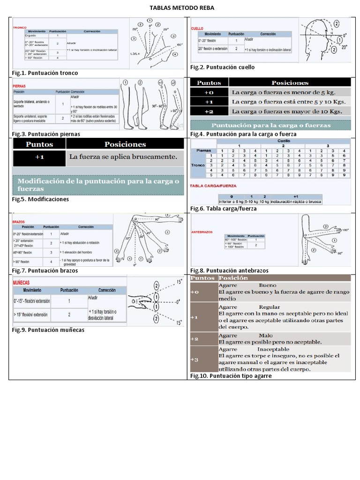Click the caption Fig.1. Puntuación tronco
click(45, 73)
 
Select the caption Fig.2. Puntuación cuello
click(223, 67)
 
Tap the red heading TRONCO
click(19, 27)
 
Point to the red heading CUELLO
click(197, 29)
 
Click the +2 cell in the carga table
click(209, 111)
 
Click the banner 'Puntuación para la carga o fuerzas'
click(271, 125)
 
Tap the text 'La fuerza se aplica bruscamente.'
click(123, 157)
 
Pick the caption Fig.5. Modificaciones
click(40, 199)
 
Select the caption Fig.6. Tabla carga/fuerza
click(224, 209)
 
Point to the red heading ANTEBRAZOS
click(202, 232)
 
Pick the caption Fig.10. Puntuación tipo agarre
click(231, 376)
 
